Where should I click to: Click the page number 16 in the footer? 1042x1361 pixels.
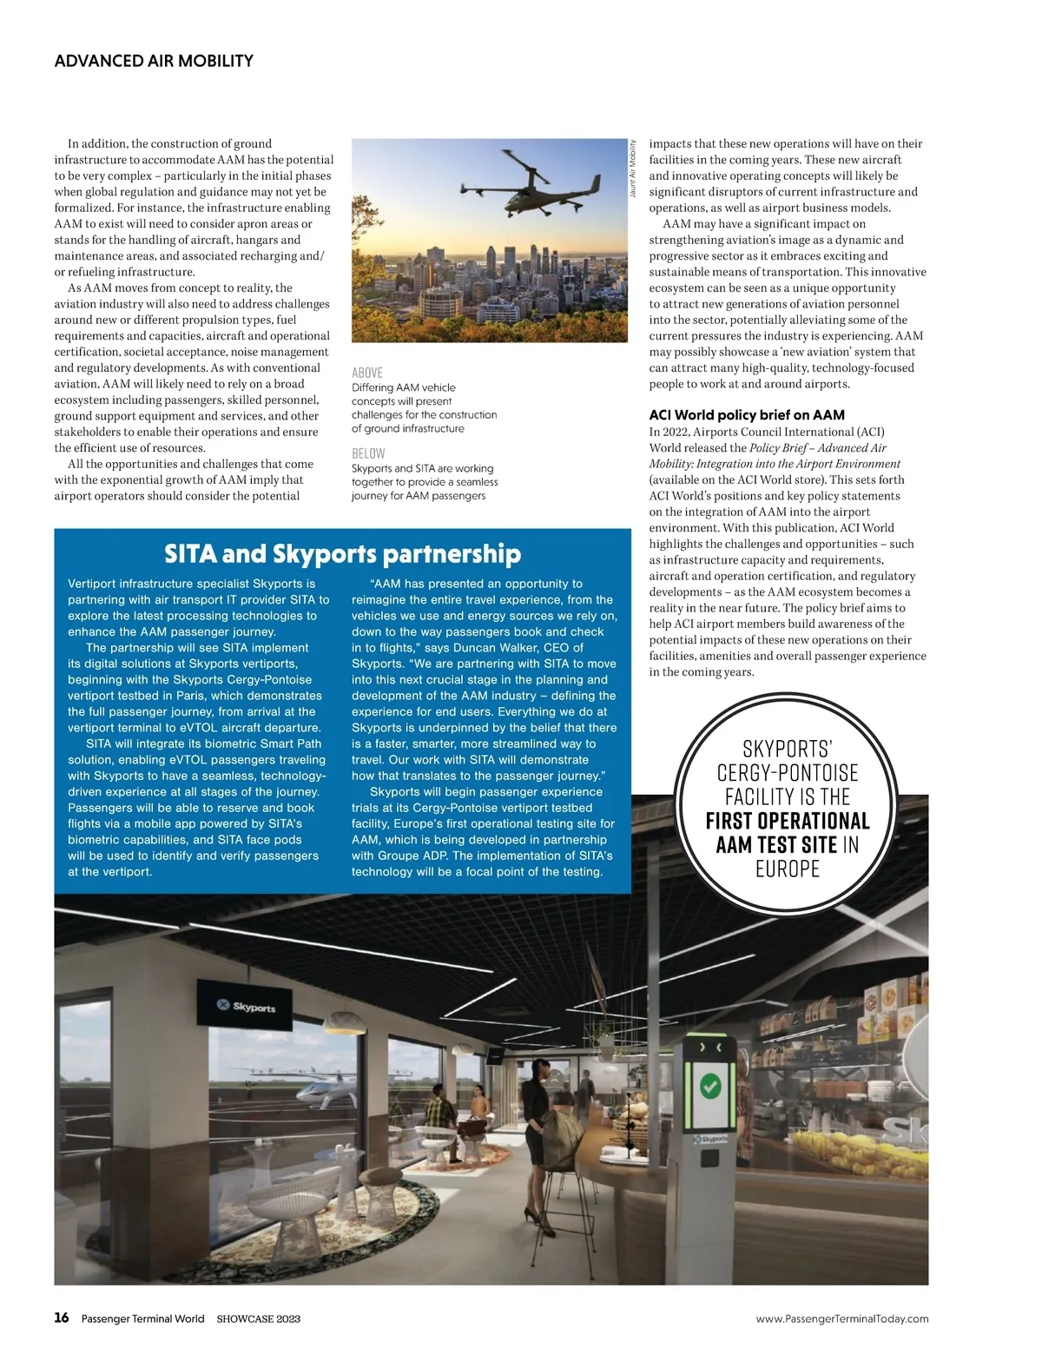62,1318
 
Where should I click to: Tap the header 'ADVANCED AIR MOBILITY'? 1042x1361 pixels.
154,61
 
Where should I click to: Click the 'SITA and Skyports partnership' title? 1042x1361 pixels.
342,554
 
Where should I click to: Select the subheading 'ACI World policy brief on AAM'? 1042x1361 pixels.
747,415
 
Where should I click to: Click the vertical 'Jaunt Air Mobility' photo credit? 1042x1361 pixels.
633,168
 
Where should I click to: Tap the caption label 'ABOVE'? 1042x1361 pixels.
366,373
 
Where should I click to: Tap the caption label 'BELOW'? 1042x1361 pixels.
368,453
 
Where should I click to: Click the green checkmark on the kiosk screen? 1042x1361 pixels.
710,1086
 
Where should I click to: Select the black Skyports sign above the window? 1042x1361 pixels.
247,1007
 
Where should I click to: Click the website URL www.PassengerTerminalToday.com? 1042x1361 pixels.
841,1318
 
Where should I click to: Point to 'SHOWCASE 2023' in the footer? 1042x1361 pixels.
258,1318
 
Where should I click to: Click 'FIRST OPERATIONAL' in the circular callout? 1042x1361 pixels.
787,821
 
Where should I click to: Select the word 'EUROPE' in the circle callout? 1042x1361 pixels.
787,869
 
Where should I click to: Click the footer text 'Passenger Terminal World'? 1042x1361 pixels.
142,1318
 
